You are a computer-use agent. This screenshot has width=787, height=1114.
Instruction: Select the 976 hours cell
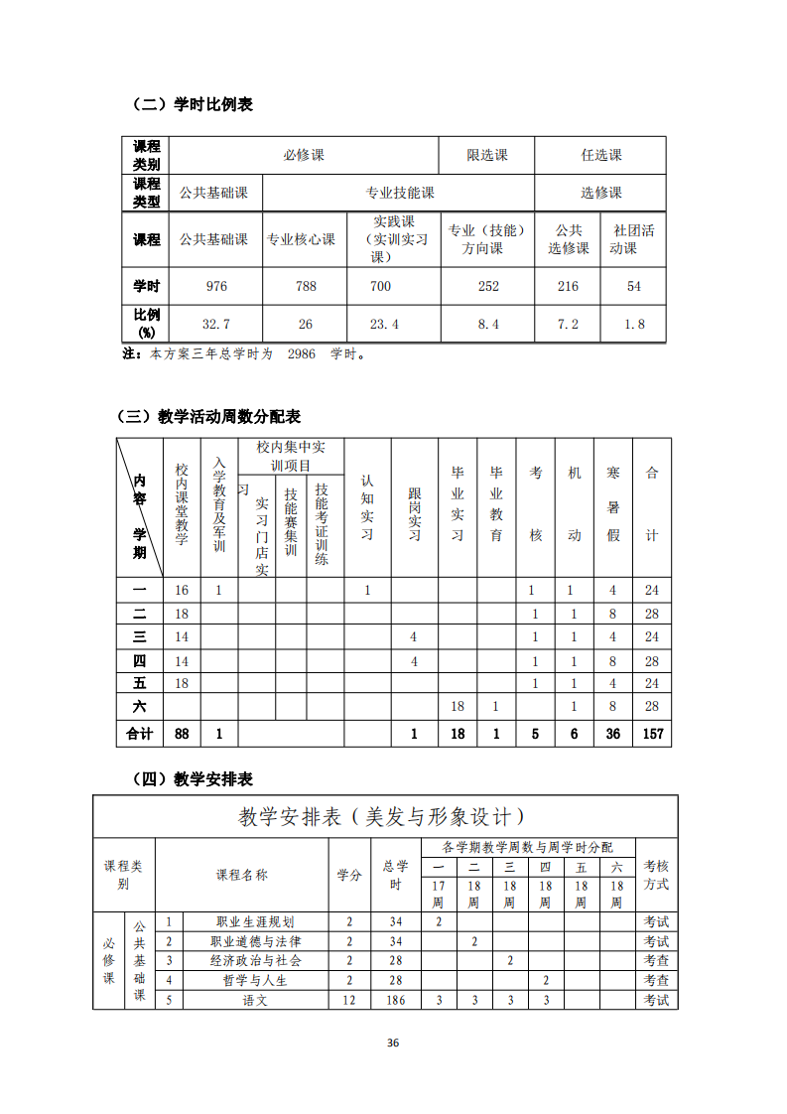pos(216,286)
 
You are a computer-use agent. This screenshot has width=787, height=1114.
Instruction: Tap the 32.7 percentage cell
pos(216,324)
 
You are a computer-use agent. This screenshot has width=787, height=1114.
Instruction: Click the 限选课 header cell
pos(486,155)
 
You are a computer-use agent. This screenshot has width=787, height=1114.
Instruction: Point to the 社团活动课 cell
pos(633,239)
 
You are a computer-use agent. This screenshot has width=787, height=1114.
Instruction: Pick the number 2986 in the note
pos(302,352)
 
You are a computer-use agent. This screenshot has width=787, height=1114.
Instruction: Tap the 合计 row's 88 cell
pos(182,734)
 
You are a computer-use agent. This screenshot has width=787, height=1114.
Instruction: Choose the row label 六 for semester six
pos(140,706)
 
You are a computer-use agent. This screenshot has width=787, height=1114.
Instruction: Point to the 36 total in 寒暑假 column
pos(612,734)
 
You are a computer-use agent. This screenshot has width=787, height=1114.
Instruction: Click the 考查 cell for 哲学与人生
pos(656,980)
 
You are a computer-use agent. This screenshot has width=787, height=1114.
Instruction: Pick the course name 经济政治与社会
pos(255,960)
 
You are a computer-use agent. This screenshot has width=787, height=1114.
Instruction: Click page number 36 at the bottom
pos(393,1043)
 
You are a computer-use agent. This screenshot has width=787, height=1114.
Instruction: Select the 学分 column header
pos(348,875)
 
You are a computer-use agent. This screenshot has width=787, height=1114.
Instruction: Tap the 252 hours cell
pos(488,286)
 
